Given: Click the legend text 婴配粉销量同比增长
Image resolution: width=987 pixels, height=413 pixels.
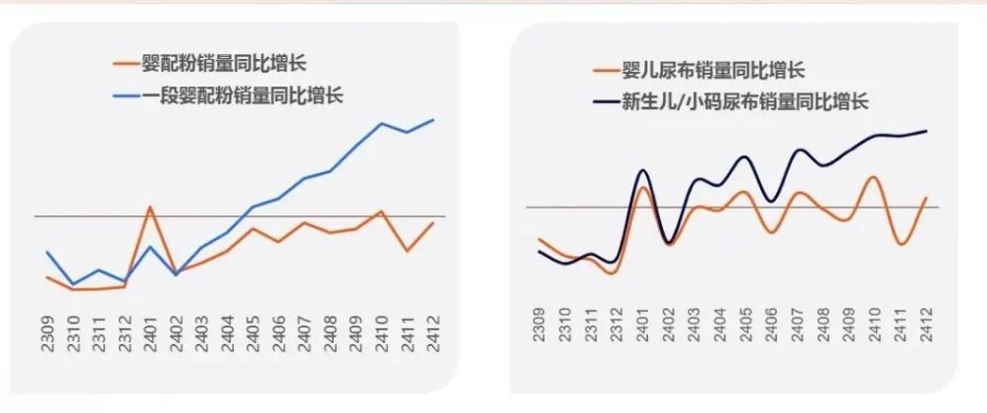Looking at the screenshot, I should (223, 65).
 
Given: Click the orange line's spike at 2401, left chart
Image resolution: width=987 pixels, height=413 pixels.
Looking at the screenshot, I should (150, 207).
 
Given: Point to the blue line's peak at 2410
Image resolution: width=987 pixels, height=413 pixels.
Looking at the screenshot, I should (382, 123).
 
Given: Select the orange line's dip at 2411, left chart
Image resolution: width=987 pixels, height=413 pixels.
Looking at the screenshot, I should (408, 251).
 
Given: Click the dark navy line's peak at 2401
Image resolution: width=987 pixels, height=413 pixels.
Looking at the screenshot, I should (642, 170).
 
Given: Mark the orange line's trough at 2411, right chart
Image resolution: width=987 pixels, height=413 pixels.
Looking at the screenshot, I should (901, 244).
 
